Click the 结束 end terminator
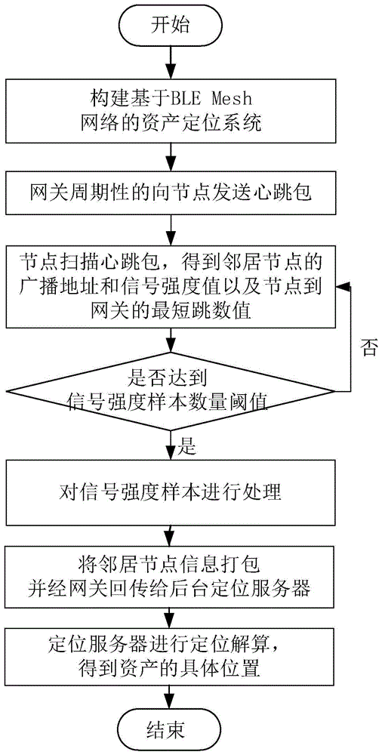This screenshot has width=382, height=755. [174, 729]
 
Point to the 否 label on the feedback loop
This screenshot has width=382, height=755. [368, 350]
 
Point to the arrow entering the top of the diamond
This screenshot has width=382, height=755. [174, 341]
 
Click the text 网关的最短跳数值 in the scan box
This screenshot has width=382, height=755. [158, 310]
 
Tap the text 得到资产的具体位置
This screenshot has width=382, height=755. [174, 667]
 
